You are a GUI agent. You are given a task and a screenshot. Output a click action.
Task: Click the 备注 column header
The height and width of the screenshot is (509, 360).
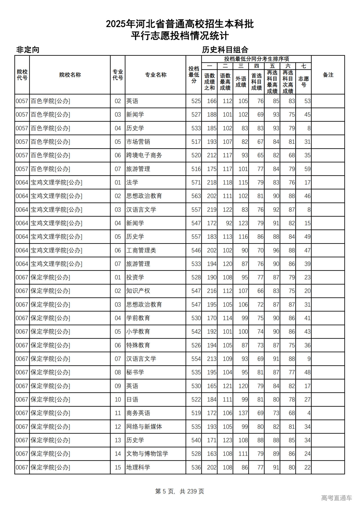click(328, 75)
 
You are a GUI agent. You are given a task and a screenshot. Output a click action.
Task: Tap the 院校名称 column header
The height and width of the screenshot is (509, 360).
click(70, 75)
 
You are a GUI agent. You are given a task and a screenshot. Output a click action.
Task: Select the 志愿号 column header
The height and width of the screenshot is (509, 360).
click(303, 82)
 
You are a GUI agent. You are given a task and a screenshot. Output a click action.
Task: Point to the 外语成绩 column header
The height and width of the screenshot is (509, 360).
click(241, 82)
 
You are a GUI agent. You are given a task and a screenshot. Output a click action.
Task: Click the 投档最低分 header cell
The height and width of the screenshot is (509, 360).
click(194, 75)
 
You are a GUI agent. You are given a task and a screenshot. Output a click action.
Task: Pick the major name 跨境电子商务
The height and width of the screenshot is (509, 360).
click(144, 155)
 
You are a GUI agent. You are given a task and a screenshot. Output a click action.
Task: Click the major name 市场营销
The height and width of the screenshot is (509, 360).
click(138, 142)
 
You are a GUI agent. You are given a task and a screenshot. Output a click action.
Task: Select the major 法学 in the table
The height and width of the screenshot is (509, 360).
click(132, 183)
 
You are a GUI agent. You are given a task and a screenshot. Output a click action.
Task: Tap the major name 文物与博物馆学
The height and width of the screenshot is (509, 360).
click(147, 454)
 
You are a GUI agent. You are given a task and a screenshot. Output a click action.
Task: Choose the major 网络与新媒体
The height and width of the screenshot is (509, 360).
click(144, 427)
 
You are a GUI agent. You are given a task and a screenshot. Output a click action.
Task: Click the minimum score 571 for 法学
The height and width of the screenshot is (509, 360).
click(196, 183)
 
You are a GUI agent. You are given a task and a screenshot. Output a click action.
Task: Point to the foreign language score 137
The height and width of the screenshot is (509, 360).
click(243, 413)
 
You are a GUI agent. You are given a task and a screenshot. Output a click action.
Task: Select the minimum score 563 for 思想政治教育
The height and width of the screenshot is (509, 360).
click(196, 196)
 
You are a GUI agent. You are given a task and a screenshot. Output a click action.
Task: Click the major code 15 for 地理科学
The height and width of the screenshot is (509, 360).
click(118, 467)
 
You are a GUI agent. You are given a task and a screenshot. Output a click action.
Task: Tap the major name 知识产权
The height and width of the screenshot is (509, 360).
click(138, 291)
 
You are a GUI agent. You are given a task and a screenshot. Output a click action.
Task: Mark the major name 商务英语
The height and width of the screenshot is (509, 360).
click(138, 413)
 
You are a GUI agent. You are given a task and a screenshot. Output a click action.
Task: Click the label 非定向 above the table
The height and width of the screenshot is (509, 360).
click(28, 50)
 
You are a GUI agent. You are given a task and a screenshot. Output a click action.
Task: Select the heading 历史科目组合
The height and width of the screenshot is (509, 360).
click(225, 50)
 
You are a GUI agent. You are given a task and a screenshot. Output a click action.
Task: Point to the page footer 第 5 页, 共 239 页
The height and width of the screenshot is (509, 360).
click(180, 491)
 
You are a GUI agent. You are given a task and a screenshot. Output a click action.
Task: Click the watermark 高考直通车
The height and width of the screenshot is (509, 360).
click(336, 498)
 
